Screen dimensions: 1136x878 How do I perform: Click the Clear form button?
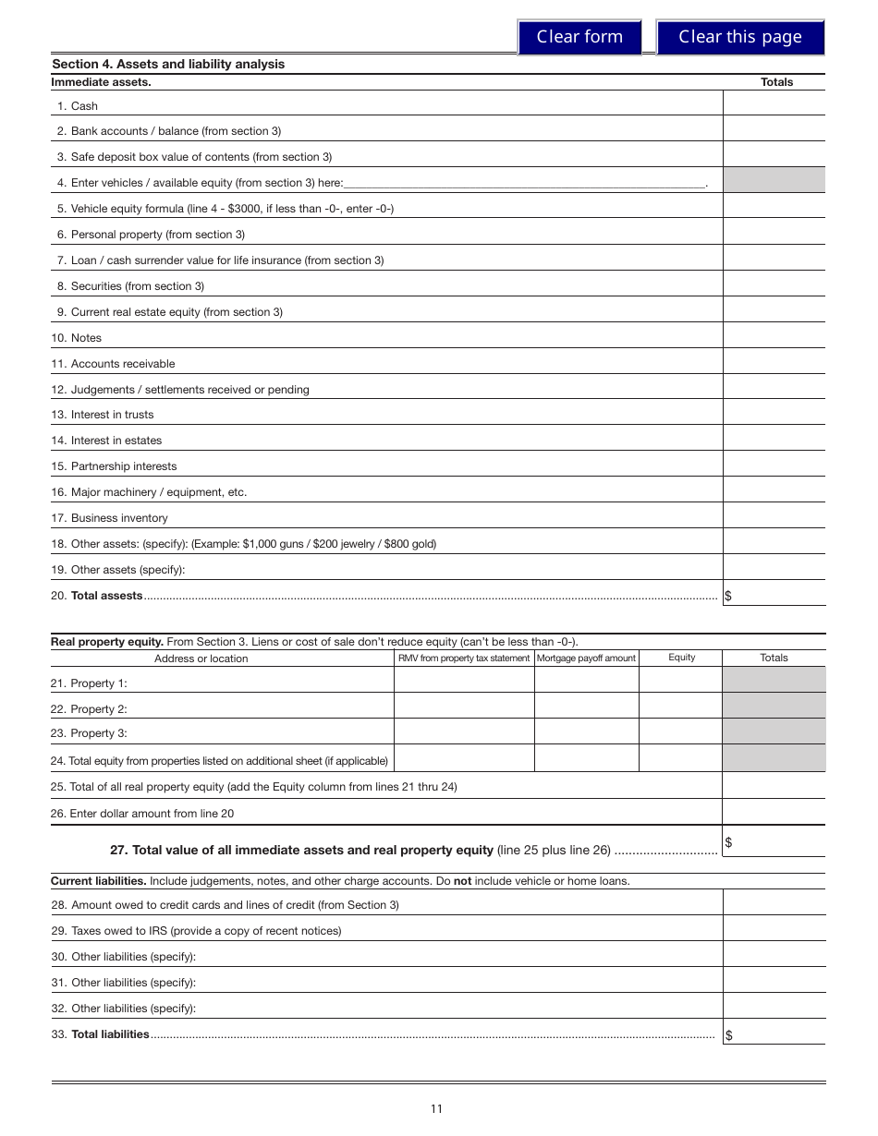coord(579,37)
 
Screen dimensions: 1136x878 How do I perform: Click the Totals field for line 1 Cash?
coord(774,105)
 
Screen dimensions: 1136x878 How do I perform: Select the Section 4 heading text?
coord(168,64)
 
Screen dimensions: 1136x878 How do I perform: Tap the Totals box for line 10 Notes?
coord(774,337)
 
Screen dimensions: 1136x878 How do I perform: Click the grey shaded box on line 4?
coord(774,181)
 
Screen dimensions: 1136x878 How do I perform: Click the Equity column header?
coord(681,658)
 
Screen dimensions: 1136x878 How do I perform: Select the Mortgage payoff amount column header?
coord(586,658)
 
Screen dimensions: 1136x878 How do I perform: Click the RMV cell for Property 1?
coord(464,682)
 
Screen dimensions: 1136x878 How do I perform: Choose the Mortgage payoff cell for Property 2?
coord(586,707)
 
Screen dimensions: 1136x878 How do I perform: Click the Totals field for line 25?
coord(774,786)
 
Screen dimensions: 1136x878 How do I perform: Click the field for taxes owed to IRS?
coord(774,930)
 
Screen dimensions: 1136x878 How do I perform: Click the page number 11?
coord(436,1109)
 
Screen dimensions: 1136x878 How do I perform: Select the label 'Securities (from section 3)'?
coord(138,286)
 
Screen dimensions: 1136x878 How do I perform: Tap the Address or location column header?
coord(201,659)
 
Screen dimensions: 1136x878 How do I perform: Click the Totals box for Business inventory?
coord(774,517)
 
